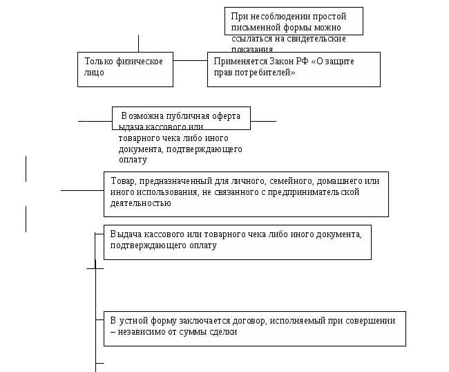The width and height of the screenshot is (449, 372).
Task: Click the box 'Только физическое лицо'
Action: [124, 68]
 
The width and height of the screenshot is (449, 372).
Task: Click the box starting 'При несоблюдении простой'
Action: [294, 21]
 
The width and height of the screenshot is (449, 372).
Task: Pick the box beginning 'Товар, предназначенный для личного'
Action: [245, 193]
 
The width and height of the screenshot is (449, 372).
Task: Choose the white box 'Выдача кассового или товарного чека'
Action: [237, 241]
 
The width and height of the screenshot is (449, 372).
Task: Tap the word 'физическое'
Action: [140, 62]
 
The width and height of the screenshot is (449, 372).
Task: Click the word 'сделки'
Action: [222, 332]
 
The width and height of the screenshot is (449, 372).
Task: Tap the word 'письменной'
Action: [254, 28]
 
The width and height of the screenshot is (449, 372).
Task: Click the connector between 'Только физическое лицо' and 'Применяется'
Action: [190, 61]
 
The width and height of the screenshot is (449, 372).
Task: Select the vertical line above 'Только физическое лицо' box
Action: [138, 43]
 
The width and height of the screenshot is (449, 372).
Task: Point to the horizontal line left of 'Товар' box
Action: [82, 191]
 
